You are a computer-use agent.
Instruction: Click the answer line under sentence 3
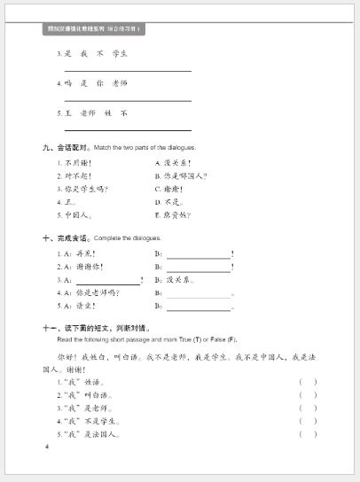[128, 70]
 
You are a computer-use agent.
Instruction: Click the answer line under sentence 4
[128, 100]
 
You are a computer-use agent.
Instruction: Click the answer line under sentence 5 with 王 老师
[128, 130]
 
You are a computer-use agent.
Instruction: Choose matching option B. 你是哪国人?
[181, 175]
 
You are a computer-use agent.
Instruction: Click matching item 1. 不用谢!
[78, 163]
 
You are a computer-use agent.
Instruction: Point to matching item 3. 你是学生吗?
[83, 189]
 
